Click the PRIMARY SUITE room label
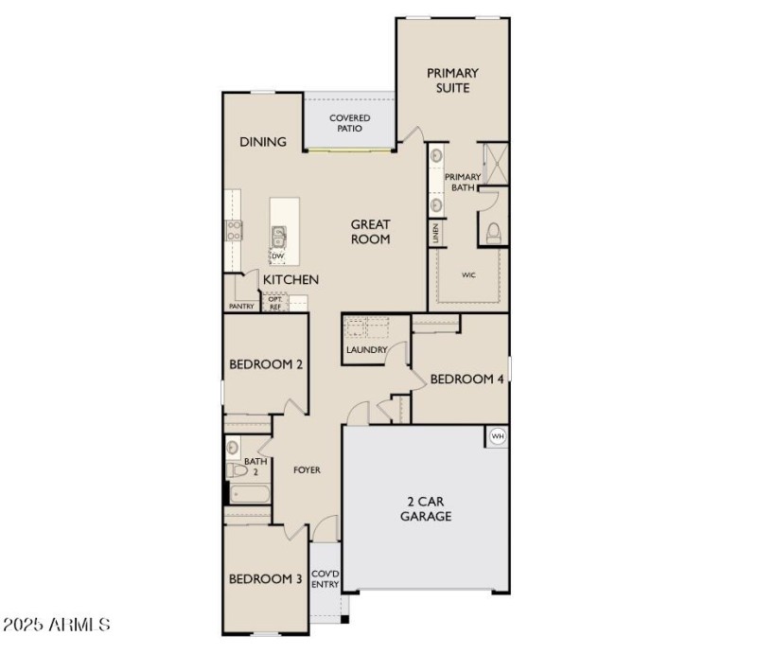pos(452,80)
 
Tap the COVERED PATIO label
pos(350,123)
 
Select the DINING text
pos(262,142)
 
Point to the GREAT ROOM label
pos(371,232)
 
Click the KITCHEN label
pos(290,280)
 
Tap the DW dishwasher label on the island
pos(278,256)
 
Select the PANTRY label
pos(241,307)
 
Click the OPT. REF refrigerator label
pos(275,304)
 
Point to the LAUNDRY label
pos(366,350)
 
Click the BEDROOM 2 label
pos(266,364)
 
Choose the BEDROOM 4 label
pos(467,380)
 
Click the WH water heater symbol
pos(497,436)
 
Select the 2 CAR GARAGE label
pos(425,508)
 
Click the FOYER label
pos(307,469)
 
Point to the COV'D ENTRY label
pos(325,578)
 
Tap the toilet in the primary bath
pos(492,232)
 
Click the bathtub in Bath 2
pos(248,495)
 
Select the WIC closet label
pos(467,275)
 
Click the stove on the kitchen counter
pos(234,228)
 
